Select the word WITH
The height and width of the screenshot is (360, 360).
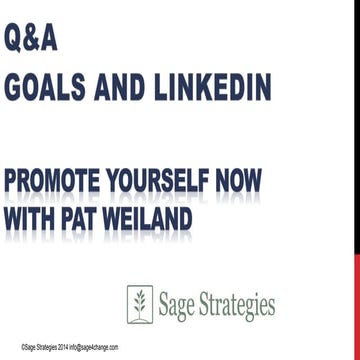(x=34, y=216)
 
